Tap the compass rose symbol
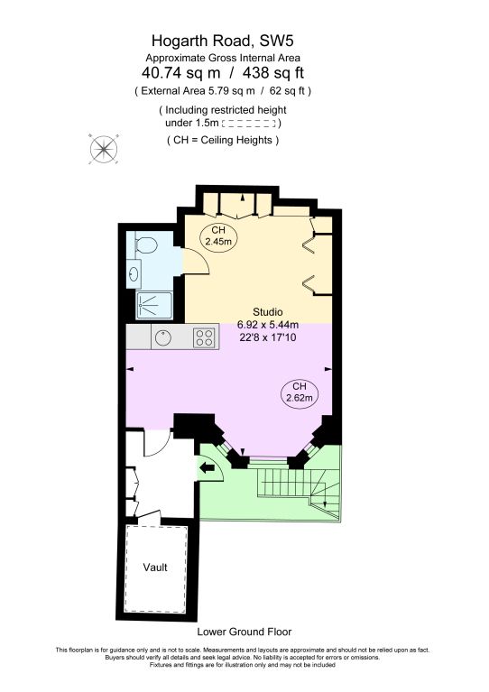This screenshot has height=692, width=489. [x=103, y=147]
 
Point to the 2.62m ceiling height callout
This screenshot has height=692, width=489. [x=299, y=392]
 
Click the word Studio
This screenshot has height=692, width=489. [x=254, y=311]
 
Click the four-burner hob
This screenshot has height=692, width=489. [x=204, y=337]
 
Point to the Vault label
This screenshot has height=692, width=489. [x=155, y=568]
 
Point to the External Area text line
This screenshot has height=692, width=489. [x=223, y=91]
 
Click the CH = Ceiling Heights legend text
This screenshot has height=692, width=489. [x=223, y=141]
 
